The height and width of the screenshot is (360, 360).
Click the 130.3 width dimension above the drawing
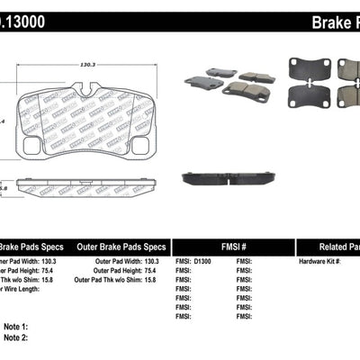point(87,64)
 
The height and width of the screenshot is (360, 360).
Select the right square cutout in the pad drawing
point(144,143)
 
